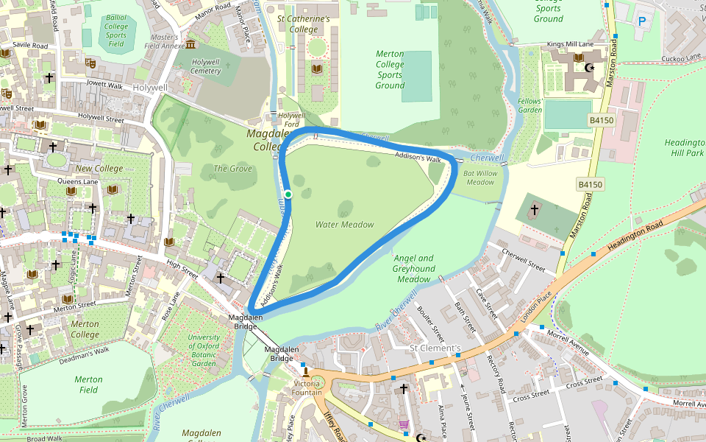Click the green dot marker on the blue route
288,194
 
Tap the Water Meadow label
344,225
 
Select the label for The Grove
232,169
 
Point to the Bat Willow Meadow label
480,178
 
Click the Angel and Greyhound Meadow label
413,269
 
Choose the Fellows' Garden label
529,105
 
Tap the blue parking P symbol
641,22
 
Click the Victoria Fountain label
307,387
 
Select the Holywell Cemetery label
205,66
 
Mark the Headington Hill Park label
684,147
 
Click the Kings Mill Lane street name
571,45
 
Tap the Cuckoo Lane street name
681,58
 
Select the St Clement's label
435,348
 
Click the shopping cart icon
403,424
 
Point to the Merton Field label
88,385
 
